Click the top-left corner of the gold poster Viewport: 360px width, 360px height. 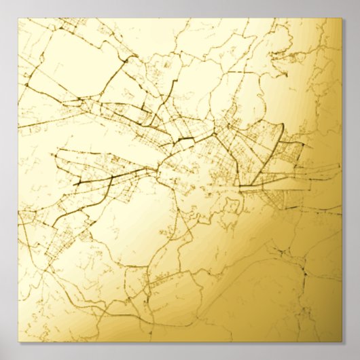coord(18,18)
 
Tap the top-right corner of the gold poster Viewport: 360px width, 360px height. coord(342,18)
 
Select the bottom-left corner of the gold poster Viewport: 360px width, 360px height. coord(18,342)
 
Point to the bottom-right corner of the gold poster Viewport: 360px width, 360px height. coord(342,342)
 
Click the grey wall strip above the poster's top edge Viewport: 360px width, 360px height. coord(180,8)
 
